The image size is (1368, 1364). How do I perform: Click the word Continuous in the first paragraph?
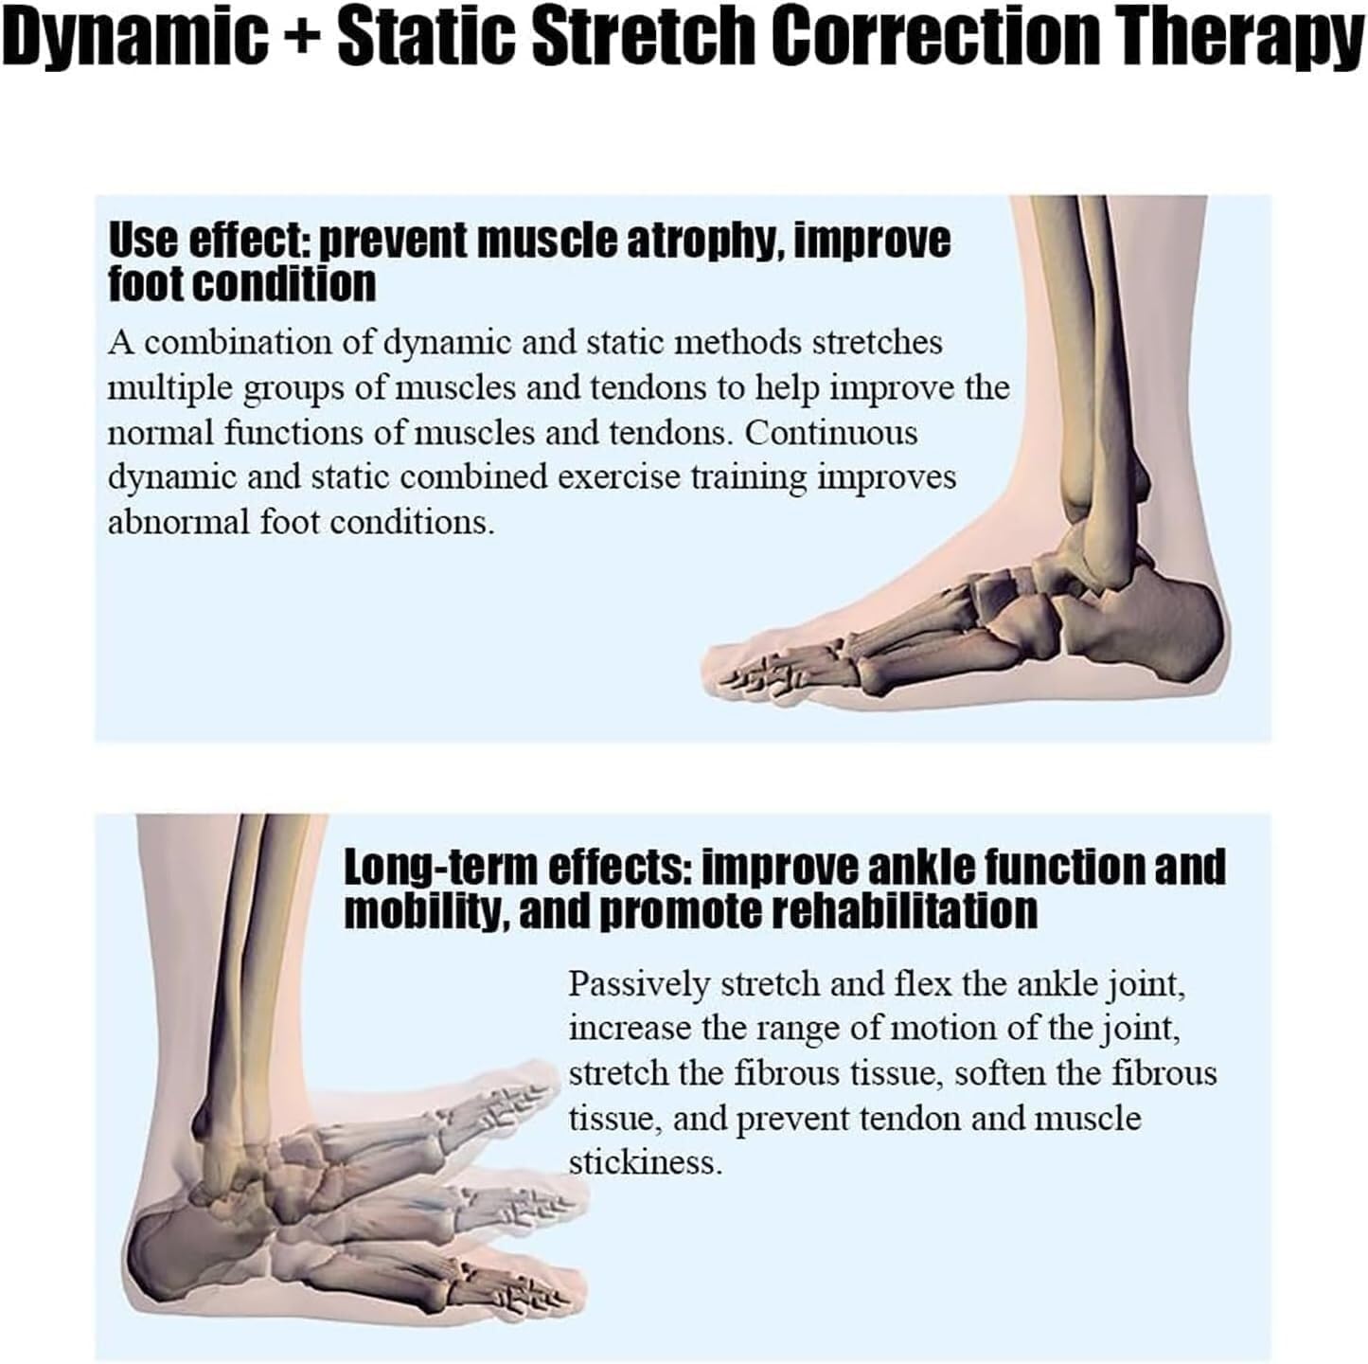pyautogui.click(x=830, y=433)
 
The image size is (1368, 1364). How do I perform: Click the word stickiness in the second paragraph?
pyautogui.click(x=644, y=1162)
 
